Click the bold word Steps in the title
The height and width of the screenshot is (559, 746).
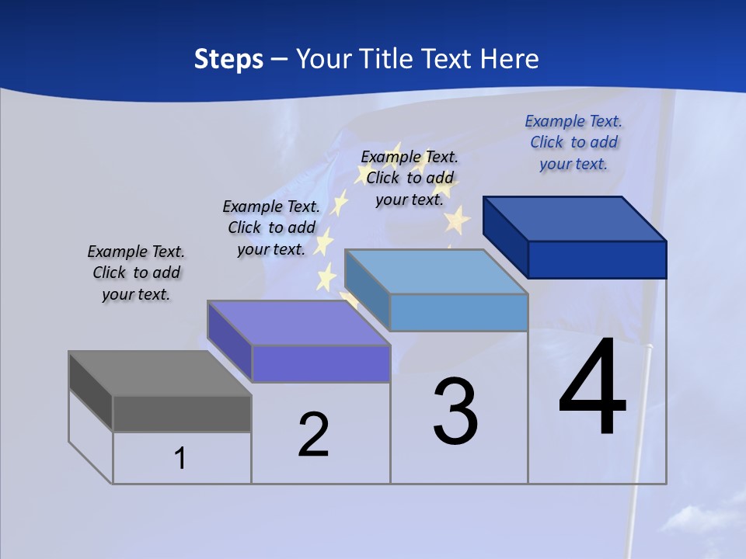(228, 59)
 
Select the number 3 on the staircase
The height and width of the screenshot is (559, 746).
(455, 411)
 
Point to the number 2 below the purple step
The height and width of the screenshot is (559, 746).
(314, 435)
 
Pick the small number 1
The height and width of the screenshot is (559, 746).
(180, 458)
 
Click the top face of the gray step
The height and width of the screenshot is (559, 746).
(159, 373)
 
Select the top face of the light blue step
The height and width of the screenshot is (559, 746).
(436, 272)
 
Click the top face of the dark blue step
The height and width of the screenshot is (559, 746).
(575, 218)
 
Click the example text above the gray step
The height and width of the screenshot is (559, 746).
(136, 273)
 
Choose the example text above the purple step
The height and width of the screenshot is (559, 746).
(271, 227)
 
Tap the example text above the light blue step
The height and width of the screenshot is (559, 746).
(410, 178)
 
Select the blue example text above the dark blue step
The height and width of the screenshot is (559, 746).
(573, 142)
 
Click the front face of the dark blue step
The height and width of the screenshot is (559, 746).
(597, 259)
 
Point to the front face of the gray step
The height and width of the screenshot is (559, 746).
(182, 413)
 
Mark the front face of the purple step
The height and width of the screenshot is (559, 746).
(321, 363)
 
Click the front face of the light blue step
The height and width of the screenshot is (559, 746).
(458, 312)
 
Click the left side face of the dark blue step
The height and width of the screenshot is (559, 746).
(505, 236)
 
